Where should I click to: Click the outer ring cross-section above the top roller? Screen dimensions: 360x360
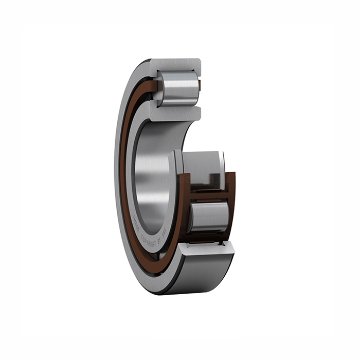click(x=175, y=65)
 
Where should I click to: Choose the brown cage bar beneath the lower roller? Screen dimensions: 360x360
click(x=208, y=236)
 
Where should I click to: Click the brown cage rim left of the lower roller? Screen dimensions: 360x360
click(x=184, y=211)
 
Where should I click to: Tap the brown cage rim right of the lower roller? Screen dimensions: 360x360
click(x=231, y=206)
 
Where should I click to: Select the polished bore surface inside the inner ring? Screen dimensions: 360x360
click(x=154, y=170)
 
